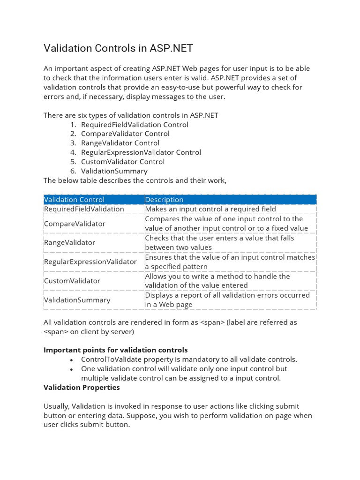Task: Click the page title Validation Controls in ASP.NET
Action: tap(118, 48)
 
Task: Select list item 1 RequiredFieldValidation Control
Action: tap(135, 125)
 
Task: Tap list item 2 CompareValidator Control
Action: tap(125, 134)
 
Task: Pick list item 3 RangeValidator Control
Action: tap(120, 143)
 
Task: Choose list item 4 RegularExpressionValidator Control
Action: tap(141, 152)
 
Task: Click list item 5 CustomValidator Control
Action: tap(123, 162)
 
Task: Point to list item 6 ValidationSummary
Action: tap(114, 171)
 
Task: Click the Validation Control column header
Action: tap(74, 200)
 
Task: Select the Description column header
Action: tap(164, 200)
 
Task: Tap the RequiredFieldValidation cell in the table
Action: tap(84, 209)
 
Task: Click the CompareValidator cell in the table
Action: tap(74, 224)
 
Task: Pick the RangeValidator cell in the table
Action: tap(69, 242)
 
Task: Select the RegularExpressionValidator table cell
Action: tap(90, 262)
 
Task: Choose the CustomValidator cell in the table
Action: tap(72, 281)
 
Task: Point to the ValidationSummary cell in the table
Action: tap(77, 300)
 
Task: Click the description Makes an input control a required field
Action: tap(210, 209)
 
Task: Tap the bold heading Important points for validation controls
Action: tap(115, 350)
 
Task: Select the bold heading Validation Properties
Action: tap(82, 388)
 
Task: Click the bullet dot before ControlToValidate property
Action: tap(71, 360)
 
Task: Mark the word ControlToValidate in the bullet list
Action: tap(110, 360)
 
